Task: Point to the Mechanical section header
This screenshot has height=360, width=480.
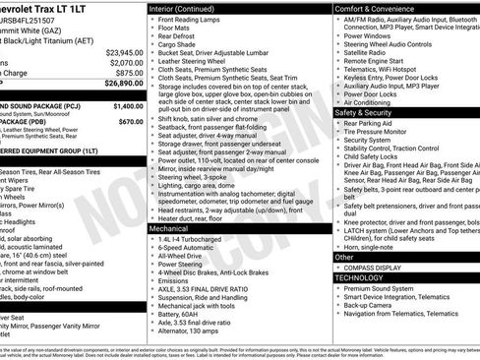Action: (169, 227)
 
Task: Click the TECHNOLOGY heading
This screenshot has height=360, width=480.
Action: (362, 278)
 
